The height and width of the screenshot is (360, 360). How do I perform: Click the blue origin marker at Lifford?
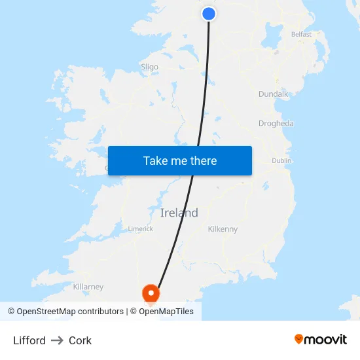(x=209, y=13)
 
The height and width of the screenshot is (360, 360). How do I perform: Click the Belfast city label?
(x=301, y=34)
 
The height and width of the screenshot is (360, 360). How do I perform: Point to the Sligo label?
(x=149, y=67)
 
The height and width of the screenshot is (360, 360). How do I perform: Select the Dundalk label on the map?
(x=273, y=94)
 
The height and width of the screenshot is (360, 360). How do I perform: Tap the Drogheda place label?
(x=276, y=124)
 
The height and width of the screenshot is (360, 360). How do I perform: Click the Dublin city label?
(x=281, y=160)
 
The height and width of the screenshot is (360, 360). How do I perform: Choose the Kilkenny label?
(x=223, y=229)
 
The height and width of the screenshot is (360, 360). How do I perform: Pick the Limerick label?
(x=140, y=229)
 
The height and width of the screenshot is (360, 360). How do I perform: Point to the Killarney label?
(x=88, y=287)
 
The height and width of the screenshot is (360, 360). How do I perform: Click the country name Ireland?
(x=179, y=213)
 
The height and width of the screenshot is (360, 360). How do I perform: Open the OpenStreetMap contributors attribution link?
(x=70, y=312)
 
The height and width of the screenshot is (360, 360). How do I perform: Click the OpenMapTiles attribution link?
(x=166, y=312)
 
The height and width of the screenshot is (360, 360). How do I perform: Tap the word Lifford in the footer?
(x=29, y=340)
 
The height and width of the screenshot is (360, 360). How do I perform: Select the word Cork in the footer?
(x=80, y=340)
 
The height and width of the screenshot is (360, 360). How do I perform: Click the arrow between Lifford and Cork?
(x=57, y=340)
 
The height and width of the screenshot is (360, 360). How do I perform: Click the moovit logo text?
(x=326, y=340)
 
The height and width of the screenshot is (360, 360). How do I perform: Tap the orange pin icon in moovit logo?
(x=299, y=339)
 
